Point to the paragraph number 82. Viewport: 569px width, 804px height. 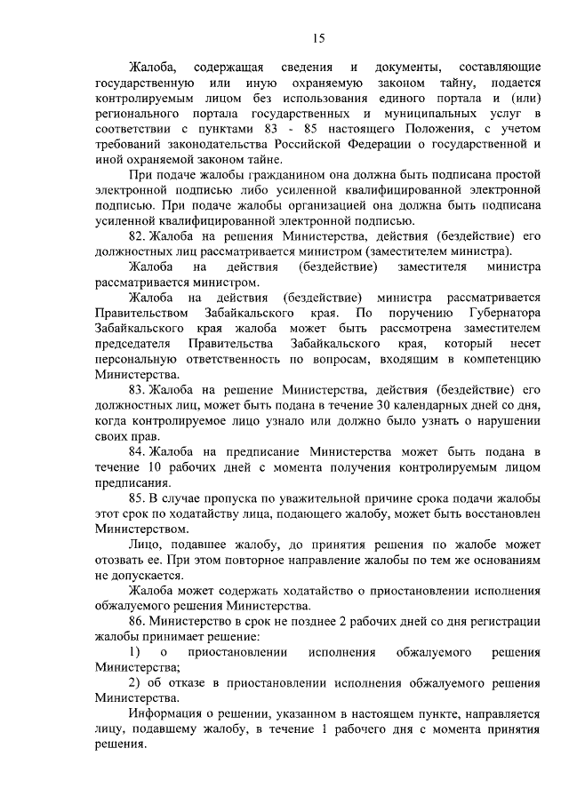point(138,236)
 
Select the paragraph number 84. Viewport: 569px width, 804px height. point(138,453)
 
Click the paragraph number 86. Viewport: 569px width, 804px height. point(138,622)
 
